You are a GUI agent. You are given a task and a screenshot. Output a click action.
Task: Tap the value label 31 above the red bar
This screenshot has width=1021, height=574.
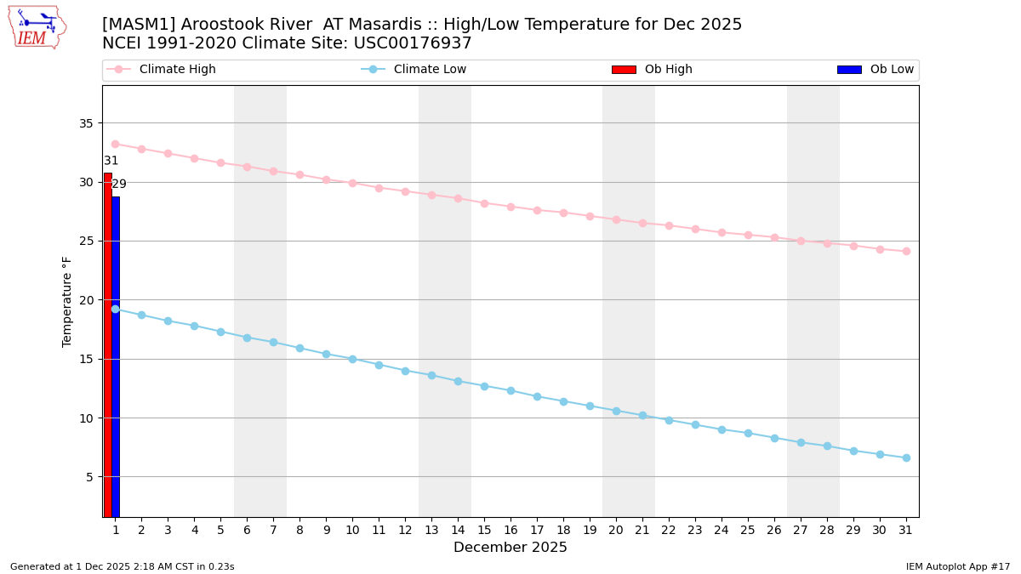111,161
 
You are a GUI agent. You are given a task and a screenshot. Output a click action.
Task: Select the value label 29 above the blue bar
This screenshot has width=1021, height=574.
119,184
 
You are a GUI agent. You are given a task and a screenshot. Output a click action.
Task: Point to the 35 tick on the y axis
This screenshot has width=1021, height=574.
86,123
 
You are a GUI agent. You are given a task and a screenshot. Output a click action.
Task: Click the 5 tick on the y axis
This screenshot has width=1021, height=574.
89,477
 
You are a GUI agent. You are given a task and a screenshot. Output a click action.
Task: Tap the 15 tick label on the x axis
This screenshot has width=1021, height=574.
484,530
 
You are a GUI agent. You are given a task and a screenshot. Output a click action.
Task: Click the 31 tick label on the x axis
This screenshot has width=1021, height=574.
906,530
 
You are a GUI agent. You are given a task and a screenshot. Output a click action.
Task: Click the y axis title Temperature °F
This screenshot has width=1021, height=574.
67,301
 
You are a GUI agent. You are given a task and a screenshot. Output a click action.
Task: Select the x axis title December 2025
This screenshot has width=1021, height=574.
510,548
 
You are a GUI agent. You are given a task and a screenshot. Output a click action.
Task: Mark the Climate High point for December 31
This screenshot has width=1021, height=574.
906,251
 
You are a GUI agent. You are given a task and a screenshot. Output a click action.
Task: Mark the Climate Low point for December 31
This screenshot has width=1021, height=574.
906,457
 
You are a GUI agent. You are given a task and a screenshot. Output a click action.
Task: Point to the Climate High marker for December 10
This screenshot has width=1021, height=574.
352,183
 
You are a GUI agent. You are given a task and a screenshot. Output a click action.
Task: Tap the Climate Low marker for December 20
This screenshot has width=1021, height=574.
616,411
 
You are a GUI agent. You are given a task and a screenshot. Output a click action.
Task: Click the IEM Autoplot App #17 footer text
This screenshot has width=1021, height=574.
958,566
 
